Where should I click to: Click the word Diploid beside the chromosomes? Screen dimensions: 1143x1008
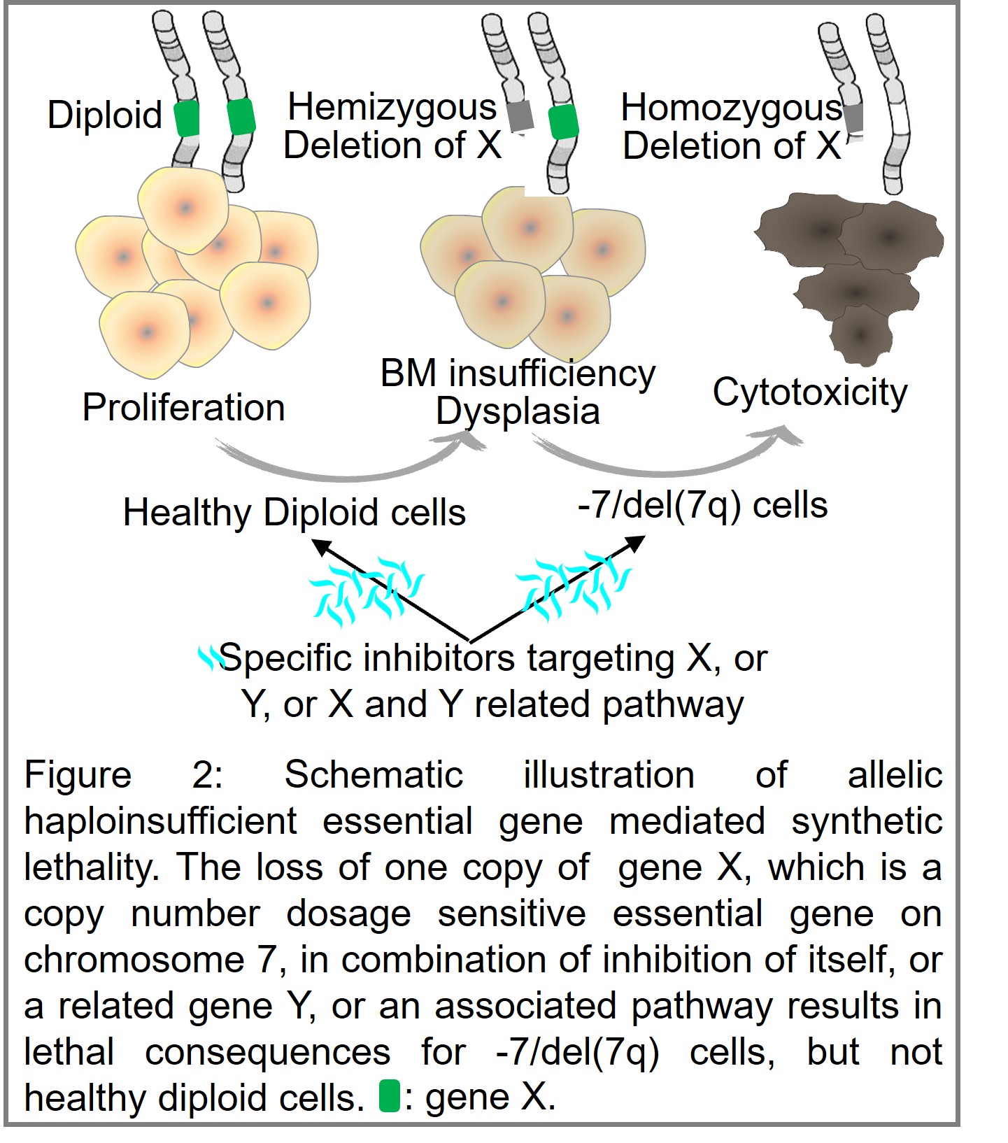tap(105, 115)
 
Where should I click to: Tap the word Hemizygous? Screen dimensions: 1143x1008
tap(392, 107)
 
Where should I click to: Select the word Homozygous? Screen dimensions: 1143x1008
tap(731, 107)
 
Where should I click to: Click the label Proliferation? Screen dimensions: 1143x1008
tap(183, 407)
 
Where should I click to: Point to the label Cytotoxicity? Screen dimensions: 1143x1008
tap(810, 392)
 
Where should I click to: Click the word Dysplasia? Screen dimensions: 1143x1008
tap(518, 411)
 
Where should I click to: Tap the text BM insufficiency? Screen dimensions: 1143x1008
tap(518, 373)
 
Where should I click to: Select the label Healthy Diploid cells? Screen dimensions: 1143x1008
tap(294, 512)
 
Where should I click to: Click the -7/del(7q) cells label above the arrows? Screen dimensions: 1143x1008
tap(702, 505)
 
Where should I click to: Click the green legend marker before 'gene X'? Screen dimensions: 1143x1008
tap(389, 1096)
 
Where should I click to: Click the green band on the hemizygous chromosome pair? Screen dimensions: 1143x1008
tap(563, 122)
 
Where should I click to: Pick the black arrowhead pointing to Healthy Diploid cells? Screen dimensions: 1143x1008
tap(322, 546)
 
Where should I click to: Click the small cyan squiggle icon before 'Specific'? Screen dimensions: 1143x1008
tap(208, 658)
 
